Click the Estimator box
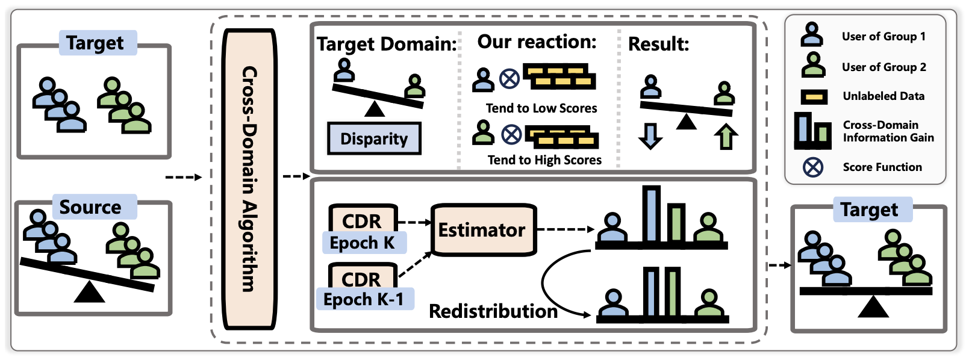point(483,230)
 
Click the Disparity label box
point(374,138)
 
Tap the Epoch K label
point(363,243)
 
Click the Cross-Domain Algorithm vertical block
point(249,179)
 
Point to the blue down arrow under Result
point(650,136)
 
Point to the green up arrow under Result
point(726,137)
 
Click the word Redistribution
point(493,311)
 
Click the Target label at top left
point(96,43)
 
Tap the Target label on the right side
point(870,209)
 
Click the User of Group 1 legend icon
point(812,35)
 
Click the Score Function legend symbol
point(813,167)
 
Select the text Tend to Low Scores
point(541,108)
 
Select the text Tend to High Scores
point(544,160)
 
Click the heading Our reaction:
point(537,42)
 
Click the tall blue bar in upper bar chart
point(651,214)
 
